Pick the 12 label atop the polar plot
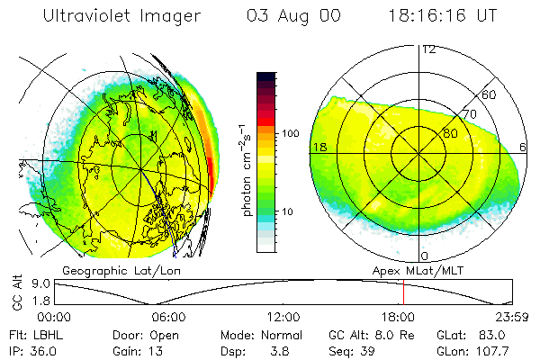click(428, 49)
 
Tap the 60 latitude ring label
click(490, 94)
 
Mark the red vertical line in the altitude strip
click(403, 292)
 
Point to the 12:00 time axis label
click(283, 316)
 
